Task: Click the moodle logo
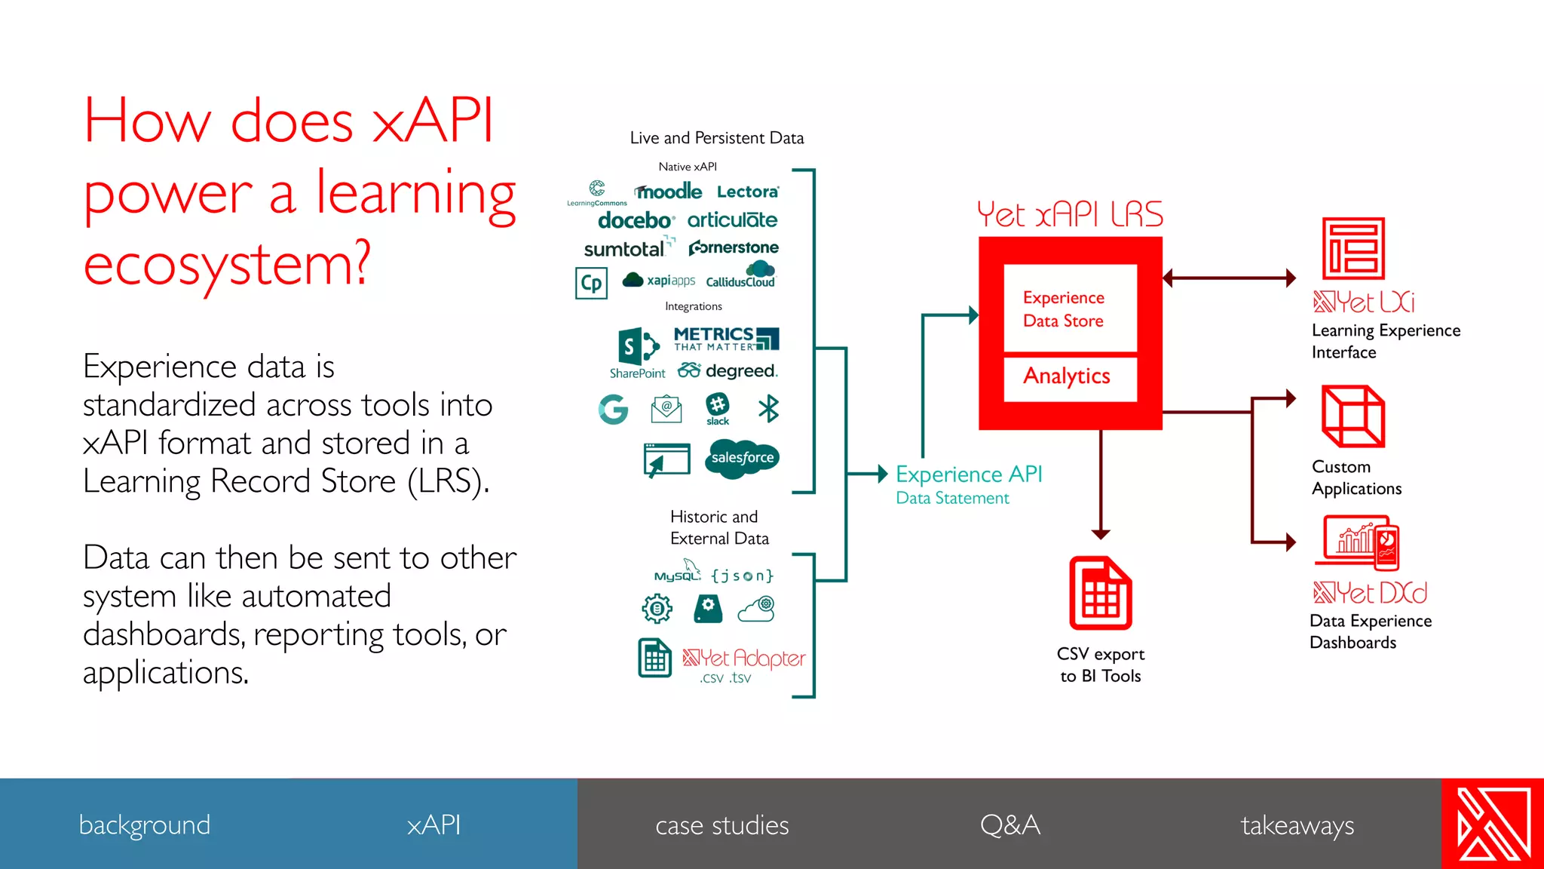click(x=669, y=192)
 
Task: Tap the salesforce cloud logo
click(x=742, y=458)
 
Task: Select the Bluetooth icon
click(x=768, y=409)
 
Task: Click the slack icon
click(x=718, y=408)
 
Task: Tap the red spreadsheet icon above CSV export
click(x=1101, y=593)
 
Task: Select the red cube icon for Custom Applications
click(x=1353, y=416)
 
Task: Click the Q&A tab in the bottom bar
click(x=1010, y=824)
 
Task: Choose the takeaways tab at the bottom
click(x=1297, y=824)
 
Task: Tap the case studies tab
click(x=721, y=824)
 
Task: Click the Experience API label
click(x=969, y=474)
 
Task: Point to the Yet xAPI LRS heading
click(x=1070, y=214)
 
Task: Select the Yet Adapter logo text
click(x=744, y=658)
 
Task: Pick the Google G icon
click(x=614, y=410)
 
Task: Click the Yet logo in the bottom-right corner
click(x=1493, y=824)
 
